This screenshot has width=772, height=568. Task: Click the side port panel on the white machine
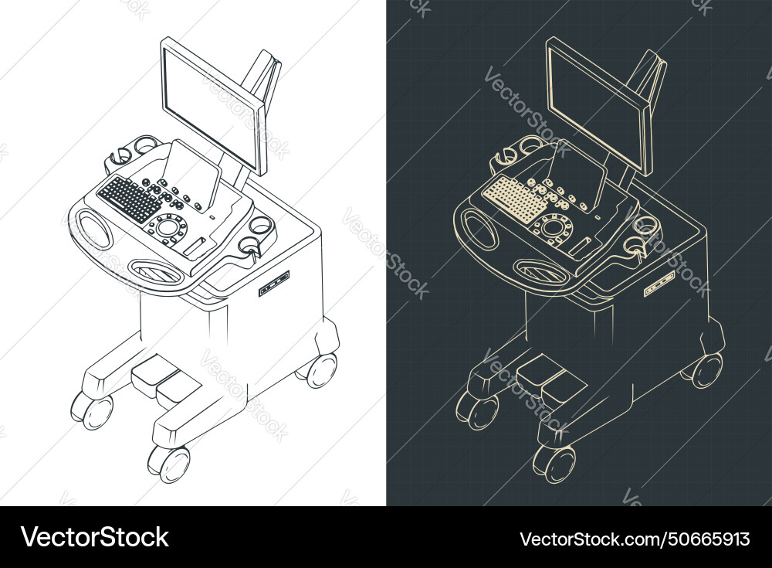(x=274, y=284)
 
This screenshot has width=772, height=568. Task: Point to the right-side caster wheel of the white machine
(x=321, y=370)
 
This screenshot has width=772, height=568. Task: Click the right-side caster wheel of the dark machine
(x=707, y=370)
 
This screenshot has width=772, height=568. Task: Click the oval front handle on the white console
(x=157, y=271)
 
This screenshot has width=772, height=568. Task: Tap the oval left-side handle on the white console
(x=94, y=230)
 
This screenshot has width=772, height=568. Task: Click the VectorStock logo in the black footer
(x=95, y=537)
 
